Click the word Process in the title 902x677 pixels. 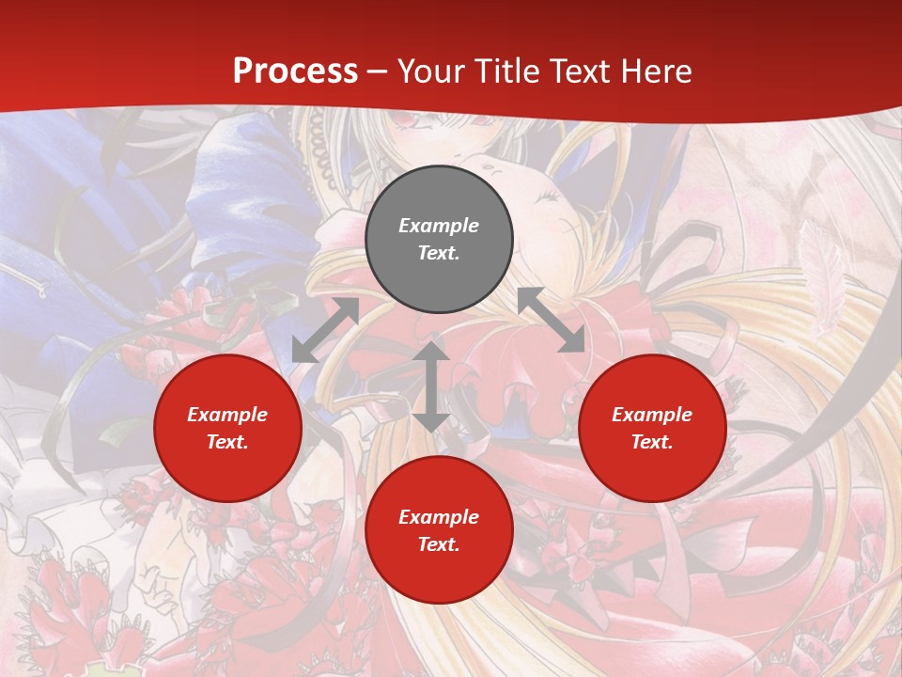(295, 71)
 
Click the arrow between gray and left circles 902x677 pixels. (325, 330)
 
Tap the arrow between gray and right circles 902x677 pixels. (551, 320)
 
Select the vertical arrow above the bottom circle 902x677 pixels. (431, 386)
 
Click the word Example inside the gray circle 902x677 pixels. (439, 226)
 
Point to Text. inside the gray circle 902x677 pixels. (439, 253)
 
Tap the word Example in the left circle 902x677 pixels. (227, 415)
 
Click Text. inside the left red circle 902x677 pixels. (227, 442)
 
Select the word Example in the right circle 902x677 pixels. (652, 415)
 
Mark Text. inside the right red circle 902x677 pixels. (652, 442)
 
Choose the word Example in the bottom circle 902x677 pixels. (439, 517)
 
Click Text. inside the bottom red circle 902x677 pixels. (439, 544)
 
